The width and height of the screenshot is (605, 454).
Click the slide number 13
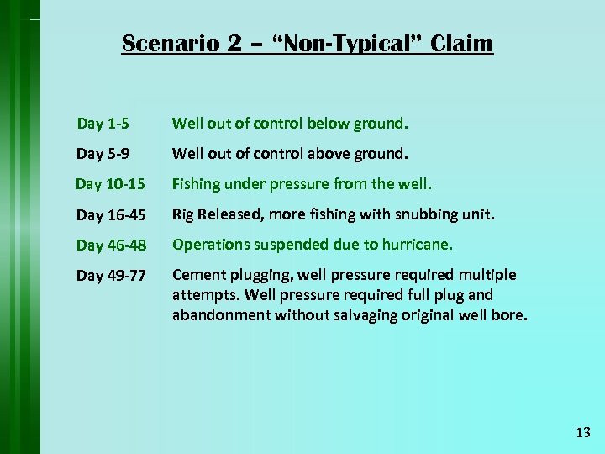pos(583,433)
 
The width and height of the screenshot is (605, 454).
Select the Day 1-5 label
pos(103,124)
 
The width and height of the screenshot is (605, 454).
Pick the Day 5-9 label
pos(103,154)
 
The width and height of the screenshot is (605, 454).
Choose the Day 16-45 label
pos(111,214)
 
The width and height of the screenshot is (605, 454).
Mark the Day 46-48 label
pos(111,245)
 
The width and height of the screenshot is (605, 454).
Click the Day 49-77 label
pos(111,275)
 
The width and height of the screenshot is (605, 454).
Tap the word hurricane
pos(419,245)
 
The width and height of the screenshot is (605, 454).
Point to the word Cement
pos(197,275)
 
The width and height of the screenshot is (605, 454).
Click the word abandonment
pos(218,315)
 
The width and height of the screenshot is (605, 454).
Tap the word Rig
pos(184,214)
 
